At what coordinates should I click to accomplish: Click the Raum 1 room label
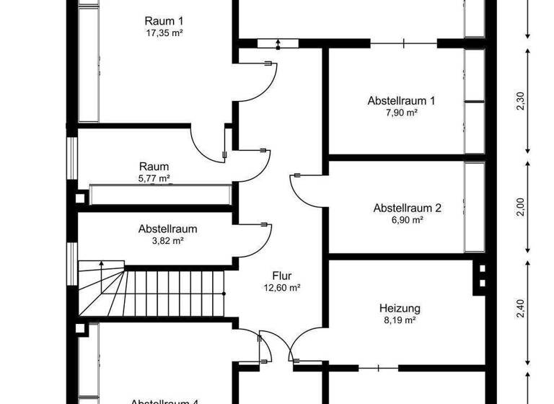pyautogui.click(x=162, y=20)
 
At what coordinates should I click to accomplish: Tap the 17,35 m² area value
pyautogui.click(x=162, y=32)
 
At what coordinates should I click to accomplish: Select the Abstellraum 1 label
pyautogui.click(x=402, y=100)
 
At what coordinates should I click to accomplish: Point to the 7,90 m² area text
pyautogui.click(x=402, y=113)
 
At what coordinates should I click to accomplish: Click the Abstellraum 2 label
pyautogui.click(x=407, y=208)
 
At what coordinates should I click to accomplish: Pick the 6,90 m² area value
pyautogui.click(x=407, y=220)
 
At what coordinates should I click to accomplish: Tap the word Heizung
pyautogui.click(x=400, y=308)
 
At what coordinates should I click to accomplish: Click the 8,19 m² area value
pyautogui.click(x=400, y=320)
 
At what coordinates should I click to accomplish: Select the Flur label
pyautogui.click(x=282, y=275)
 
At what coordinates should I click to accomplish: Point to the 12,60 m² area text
pyautogui.click(x=282, y=287)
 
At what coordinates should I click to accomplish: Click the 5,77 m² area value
pyautogui.click(x=154, y=178)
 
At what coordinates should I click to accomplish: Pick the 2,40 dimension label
pyautogui.click(x=521, y=308)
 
